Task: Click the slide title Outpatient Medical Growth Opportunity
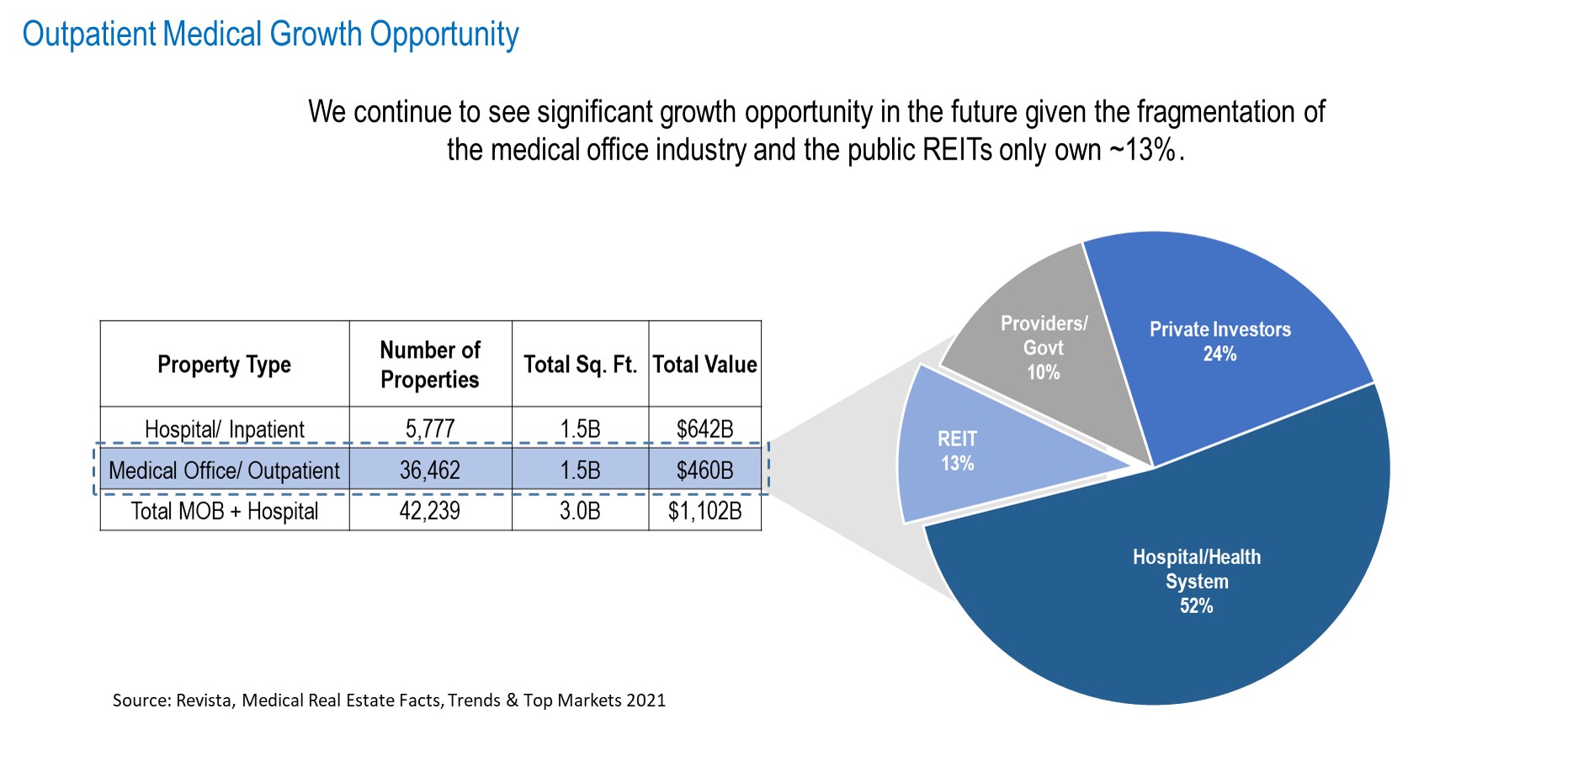click(270, 35)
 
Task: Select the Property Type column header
click(224, 365)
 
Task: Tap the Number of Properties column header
click(430, 365)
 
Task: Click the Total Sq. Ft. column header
click(580, 365)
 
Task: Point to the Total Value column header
click(704, 365)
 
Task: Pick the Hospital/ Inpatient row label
click(224, 429)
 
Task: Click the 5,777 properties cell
click(430, 429)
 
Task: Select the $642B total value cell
click(704, 429)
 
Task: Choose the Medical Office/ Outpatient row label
click(224, 471)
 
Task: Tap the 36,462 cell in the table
click(430, 471)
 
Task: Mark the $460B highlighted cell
click(704, 471)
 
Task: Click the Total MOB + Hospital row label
click(224, 511)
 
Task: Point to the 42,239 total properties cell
click(430, 511)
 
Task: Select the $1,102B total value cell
click(704, 511)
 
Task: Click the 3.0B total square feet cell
click(580, 511)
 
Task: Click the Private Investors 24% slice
click(1220, 341)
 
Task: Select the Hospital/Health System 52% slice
click(1196, 581)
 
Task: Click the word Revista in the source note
click(205, 701)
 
